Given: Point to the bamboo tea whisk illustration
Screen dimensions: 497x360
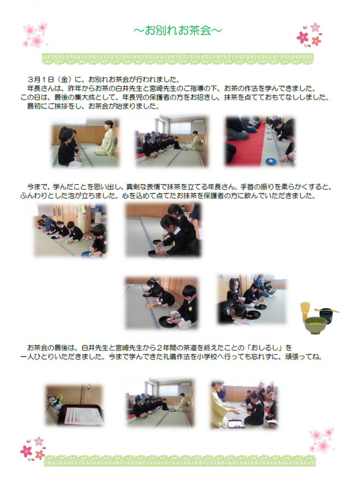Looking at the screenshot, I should pyautogui.click(x=305, y=312).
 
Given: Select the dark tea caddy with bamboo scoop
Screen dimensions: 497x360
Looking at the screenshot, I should pyautogui.click(x=327, y=313).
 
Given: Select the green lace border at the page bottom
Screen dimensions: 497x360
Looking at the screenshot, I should pyautogui.click(x=178, y=460).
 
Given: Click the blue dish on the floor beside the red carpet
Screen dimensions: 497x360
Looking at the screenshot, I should pyautogui.click(x=271, y=161).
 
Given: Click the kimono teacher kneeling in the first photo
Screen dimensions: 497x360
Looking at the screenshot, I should pyautogui.click(x=106, y=142).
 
